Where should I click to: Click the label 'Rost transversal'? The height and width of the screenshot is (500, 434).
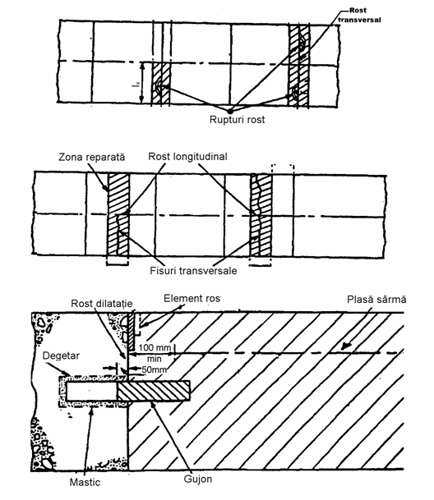coord(359,15)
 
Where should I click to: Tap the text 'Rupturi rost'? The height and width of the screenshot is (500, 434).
coord(237,120)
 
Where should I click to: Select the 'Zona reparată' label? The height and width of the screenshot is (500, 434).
coord(92,157)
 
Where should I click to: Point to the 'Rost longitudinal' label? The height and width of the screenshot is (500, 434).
coord(187,156)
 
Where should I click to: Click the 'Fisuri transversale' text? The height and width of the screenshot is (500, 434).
coord(193,271)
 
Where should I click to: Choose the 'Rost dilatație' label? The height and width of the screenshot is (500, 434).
coord(102,303)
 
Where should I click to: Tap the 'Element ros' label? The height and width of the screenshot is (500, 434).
coord(192,299)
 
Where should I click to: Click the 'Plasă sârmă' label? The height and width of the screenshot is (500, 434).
coord(376,300)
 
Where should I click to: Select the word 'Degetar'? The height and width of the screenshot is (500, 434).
coord(61,356)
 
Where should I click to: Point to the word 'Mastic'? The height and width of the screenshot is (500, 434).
coord(85,482)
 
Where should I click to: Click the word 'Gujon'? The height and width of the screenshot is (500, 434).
coord(198,479)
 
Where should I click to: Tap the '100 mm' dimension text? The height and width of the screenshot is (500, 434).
coord(155,347)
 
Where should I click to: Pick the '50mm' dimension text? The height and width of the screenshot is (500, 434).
coord(155,369)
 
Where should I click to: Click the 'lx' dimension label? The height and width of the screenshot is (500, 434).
coord(136,85)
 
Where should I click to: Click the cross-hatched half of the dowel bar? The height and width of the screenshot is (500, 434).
coord(154,391)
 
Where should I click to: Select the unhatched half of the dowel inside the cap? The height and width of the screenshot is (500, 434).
coord(92,391)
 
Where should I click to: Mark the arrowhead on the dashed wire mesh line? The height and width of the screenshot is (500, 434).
coord(345,347)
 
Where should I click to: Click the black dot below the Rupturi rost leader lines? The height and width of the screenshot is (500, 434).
coord(229,111)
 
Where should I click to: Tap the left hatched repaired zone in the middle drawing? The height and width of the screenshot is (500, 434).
coord(118,214)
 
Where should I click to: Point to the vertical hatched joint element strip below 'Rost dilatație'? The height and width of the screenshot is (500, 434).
coord(131,332)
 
